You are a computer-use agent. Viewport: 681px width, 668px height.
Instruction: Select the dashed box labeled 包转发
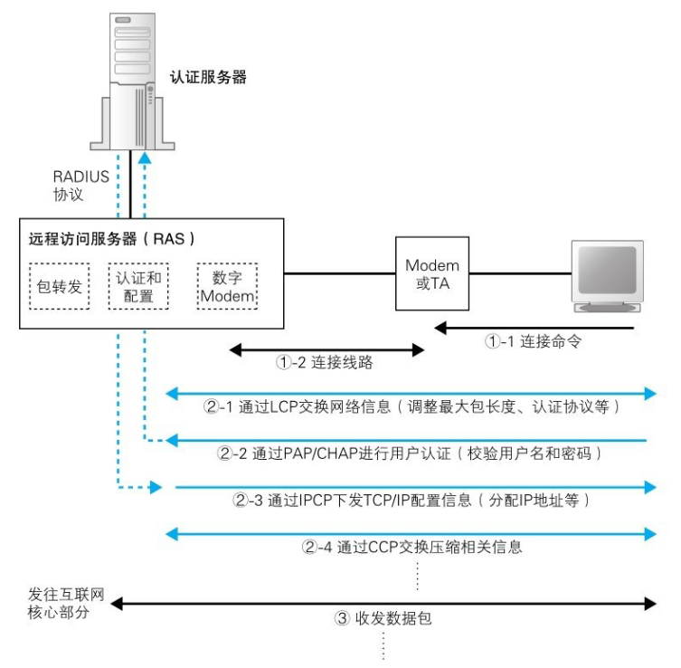60,286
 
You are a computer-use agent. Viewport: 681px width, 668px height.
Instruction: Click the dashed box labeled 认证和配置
138,286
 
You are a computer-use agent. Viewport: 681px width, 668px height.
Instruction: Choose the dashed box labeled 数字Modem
227,286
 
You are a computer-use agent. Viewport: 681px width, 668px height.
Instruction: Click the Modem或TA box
431,273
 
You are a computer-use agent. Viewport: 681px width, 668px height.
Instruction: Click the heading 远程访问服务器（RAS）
112,240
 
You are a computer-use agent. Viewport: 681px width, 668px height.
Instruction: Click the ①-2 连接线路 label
324,364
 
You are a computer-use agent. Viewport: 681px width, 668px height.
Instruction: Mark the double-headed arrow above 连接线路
326,347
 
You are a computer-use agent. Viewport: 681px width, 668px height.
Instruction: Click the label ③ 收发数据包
374,619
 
